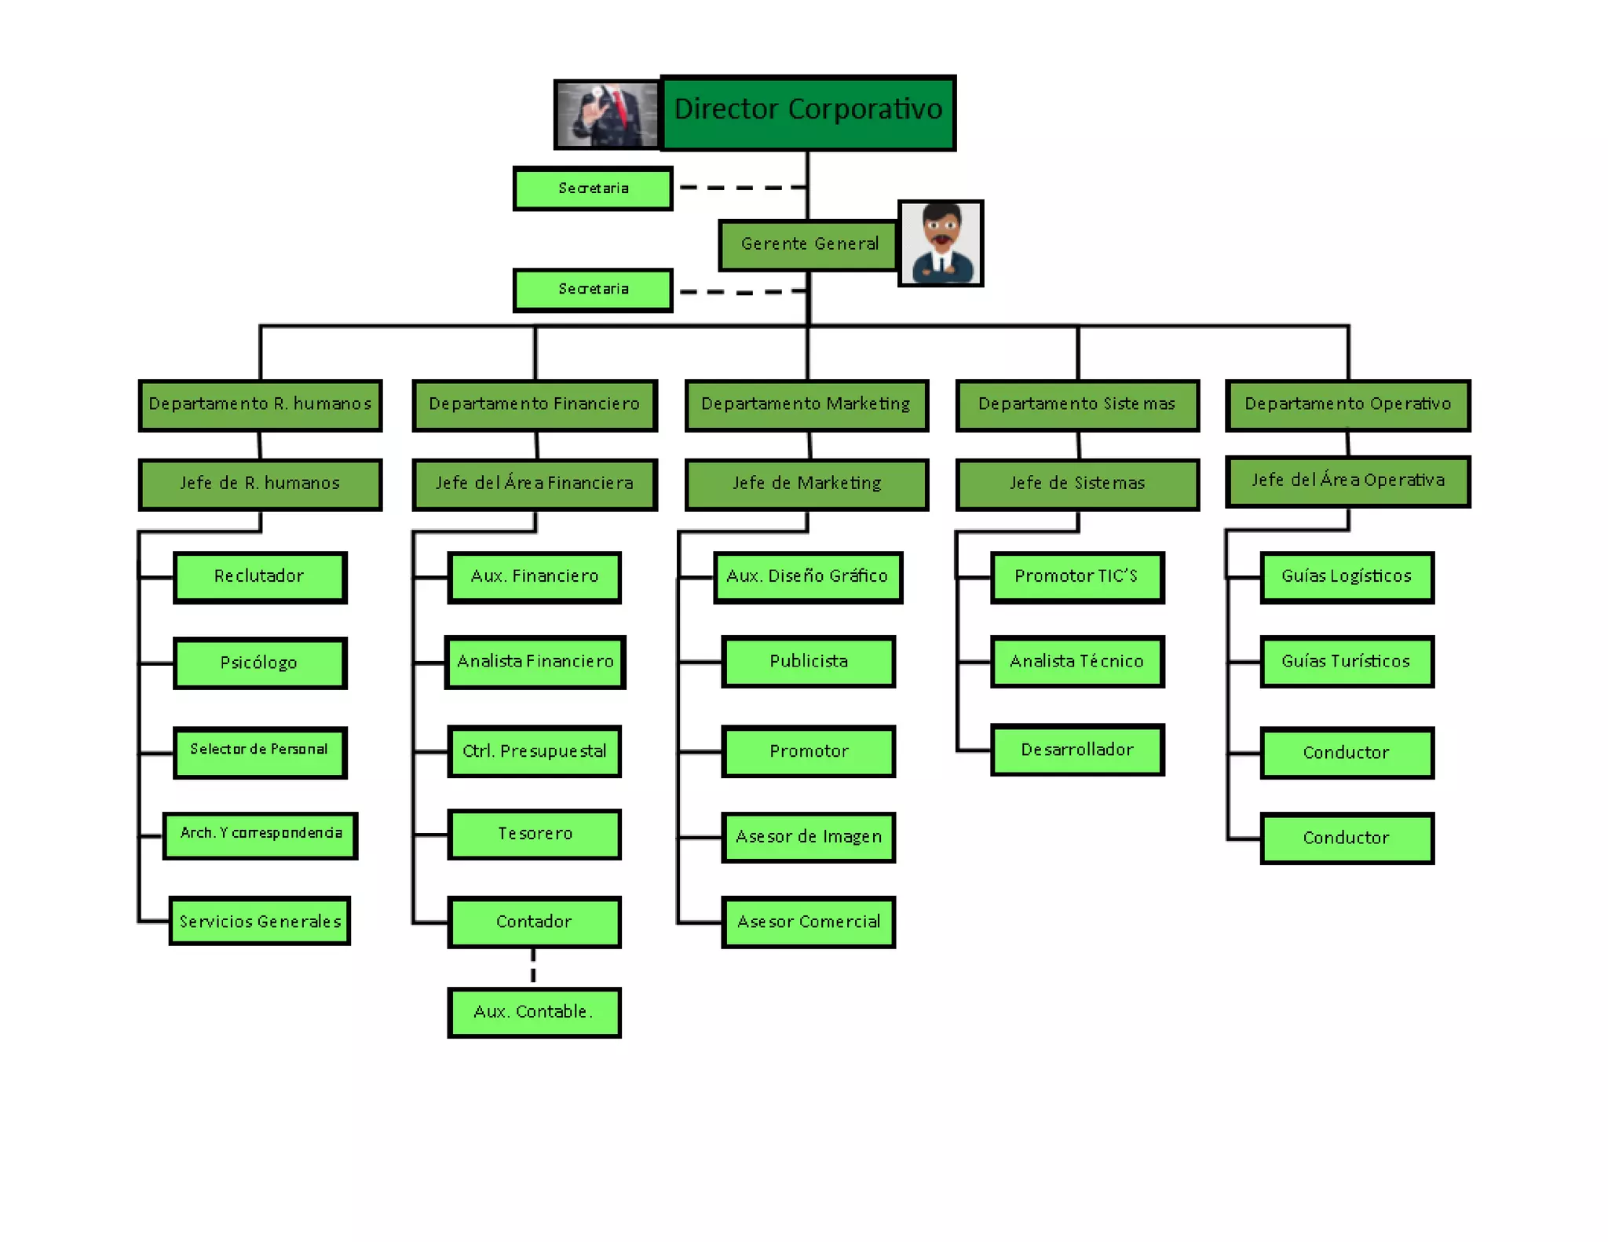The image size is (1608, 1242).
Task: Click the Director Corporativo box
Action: point(808,112)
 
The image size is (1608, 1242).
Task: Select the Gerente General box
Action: point(809,245)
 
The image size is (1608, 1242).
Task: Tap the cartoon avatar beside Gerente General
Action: point(941,243)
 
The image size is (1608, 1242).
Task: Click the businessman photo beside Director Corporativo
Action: point(607,115)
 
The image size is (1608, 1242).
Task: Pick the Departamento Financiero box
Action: point(535,405)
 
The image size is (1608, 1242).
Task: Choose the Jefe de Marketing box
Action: point(807,484)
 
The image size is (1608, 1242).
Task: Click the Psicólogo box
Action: point(260,663)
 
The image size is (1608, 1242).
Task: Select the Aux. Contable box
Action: point(534,1012)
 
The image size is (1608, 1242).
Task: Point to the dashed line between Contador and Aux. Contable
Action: point(533,966)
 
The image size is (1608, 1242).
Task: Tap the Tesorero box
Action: point(534,834)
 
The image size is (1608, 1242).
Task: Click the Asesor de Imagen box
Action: point(808,837)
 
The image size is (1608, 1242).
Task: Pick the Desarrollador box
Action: point(1077,750)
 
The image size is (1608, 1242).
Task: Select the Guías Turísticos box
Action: point(1347,662)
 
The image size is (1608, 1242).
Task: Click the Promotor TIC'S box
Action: point(1077,577)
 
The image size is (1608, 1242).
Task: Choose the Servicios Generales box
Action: point(260,921)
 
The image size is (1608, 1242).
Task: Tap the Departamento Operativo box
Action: point(1348,405)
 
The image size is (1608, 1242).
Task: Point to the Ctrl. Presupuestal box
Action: point(534,751)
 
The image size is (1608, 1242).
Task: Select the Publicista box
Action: point(808,662)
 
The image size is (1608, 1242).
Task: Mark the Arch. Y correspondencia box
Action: point(260,835)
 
